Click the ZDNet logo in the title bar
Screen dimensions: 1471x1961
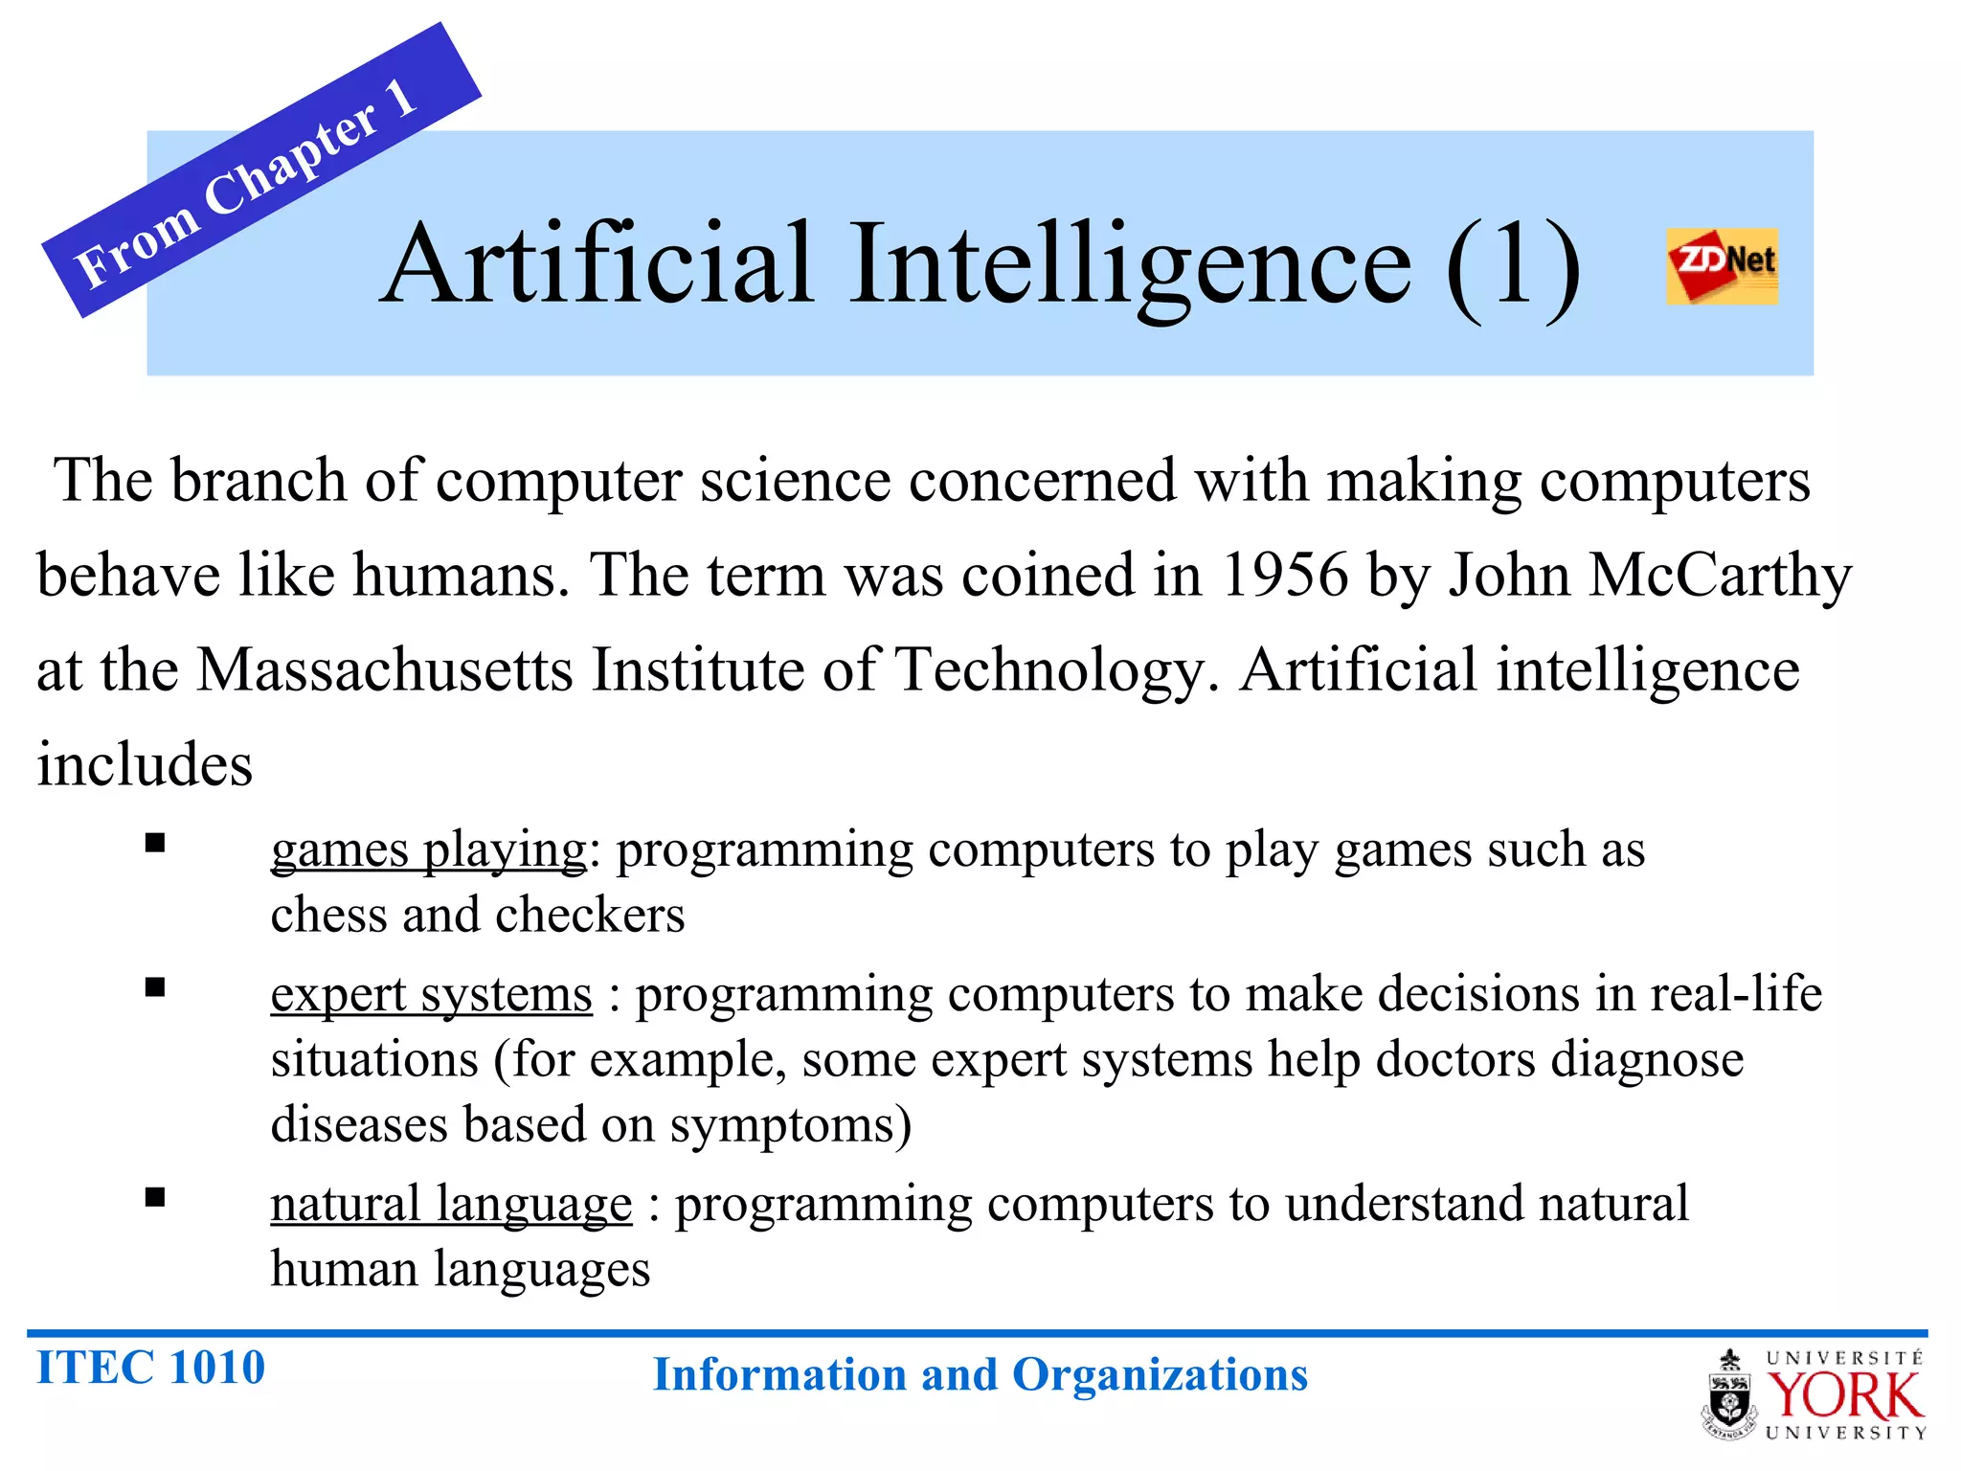(x=1722, y=265)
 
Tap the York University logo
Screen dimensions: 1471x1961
(x=1815, y=1394)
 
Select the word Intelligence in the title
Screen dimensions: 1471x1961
(x=1130, y=264)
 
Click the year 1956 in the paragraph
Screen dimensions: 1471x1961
(x=1284, y=576)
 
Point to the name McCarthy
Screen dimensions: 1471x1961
(x=1720, y=576)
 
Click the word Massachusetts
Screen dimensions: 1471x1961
(x=385, y=669)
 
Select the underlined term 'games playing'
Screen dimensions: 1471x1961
(x=428, y=849)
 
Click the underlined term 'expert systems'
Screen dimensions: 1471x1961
(x=431, y=994)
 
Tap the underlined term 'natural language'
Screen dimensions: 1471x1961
(x=451, y=1204)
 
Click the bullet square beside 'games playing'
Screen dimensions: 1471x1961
(x=155, y=843)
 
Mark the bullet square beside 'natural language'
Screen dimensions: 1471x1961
(x=155, y=1197)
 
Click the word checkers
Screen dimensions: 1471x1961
(x=590, y=915)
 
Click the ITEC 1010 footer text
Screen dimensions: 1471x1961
(x=150, y=1367)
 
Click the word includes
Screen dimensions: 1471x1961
(x=145, y=764)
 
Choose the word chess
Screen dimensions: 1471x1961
(x=327, y=915)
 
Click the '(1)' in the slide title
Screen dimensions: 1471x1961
(x=1513, y=264)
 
